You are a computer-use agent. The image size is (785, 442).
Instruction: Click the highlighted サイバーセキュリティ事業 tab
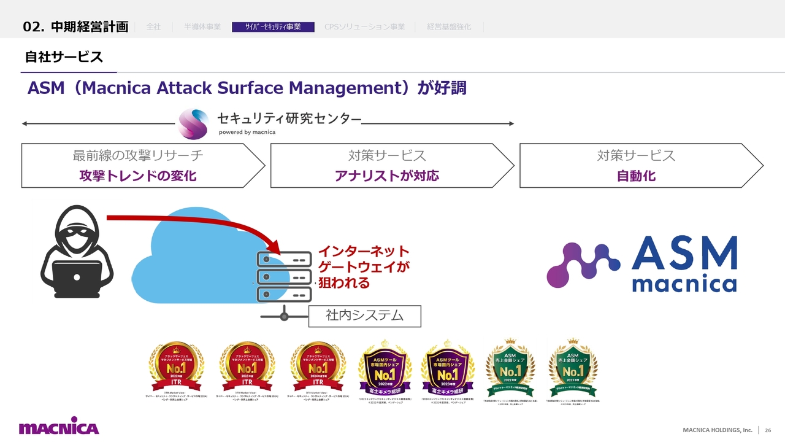coord(273,27)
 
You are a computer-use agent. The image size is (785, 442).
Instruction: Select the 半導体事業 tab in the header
coord(202,27)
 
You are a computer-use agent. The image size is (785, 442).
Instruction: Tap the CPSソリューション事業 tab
coord(364,27)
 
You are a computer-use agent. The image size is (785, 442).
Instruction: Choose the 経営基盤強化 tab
coord(449,27)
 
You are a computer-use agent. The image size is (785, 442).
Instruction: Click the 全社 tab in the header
coord(153,27)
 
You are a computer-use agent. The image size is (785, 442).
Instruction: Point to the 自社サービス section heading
coord(64,57)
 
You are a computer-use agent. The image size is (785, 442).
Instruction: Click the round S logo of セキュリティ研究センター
coord(193,123)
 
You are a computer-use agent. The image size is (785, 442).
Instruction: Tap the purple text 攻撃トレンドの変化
coord(138,176)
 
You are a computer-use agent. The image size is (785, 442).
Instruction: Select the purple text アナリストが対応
coord(387,176)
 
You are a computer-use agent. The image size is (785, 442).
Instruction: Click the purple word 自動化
coord(636,176)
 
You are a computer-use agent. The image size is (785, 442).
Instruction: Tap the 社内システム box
coord(364,316)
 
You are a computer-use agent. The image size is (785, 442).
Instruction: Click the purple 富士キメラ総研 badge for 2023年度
coord(447,369)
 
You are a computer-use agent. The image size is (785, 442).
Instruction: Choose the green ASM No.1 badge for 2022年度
coord(510,368)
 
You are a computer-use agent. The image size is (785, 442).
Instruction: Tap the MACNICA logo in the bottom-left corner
coord(58,428)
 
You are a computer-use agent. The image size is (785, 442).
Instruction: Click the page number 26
coord(768,430)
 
